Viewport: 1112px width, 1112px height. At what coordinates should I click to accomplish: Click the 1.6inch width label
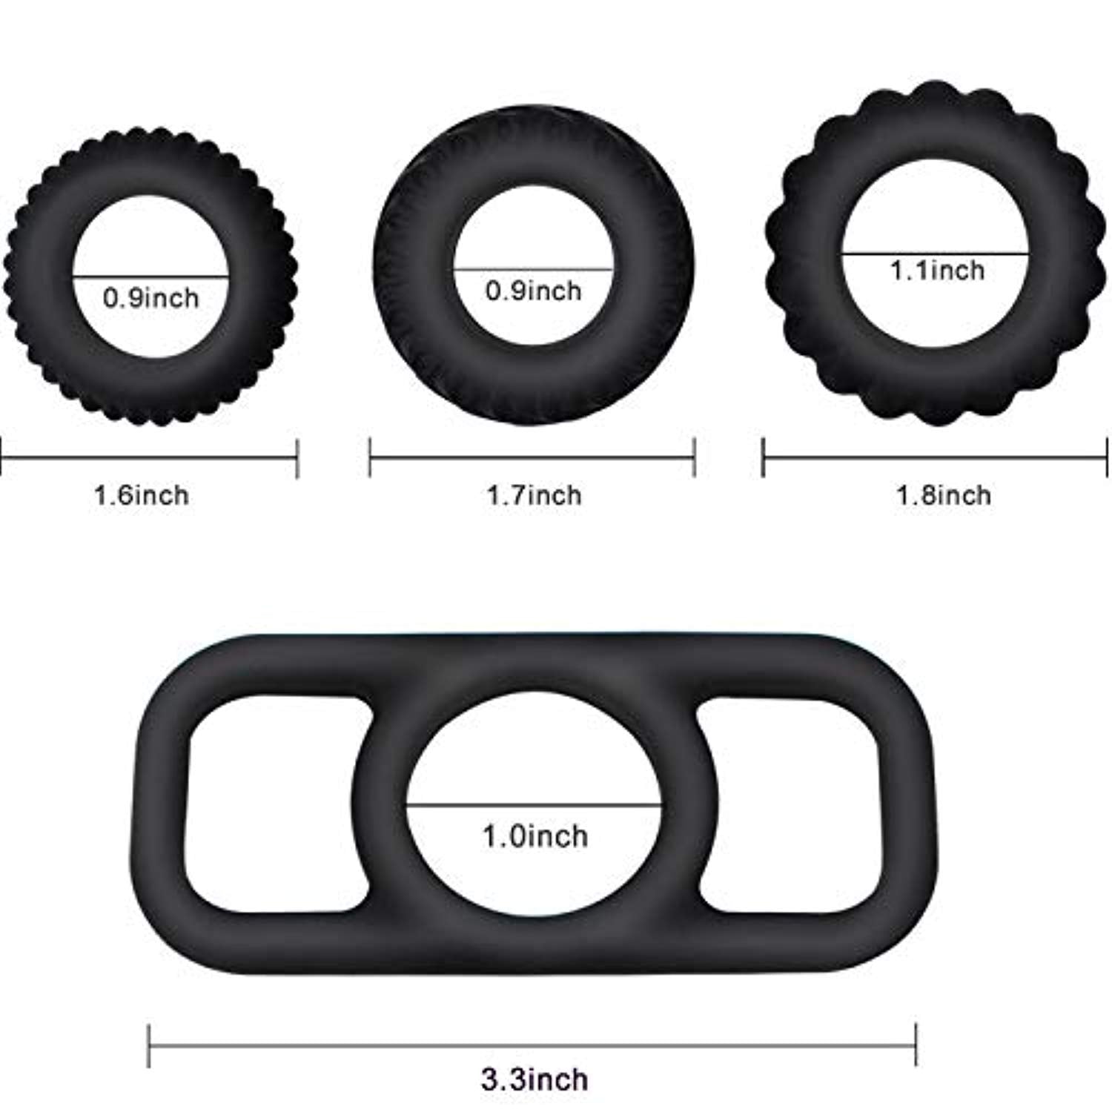click(x=141, y=495)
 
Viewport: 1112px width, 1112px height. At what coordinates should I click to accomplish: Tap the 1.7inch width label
click(x=534, y=495)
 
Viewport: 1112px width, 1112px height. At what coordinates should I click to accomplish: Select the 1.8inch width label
click(x=943, y=495)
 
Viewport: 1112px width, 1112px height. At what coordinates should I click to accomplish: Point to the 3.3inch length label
click(x=534, y=1079)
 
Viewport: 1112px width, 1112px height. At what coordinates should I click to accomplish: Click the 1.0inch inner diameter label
click(x=535, y=836)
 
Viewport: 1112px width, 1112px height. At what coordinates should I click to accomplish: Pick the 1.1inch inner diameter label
click(x=937, y=270)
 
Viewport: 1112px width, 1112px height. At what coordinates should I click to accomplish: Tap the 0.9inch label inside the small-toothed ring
click(x=150, y=298)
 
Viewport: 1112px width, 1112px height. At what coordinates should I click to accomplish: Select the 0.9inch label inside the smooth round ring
click(x=533, y=291)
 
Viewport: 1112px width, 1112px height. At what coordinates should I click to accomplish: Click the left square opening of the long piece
click(x=274, y=804)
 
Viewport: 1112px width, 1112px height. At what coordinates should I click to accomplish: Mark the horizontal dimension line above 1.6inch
click(x=148, y=458)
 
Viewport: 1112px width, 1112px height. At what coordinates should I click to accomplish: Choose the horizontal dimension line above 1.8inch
click(x=936, y=457)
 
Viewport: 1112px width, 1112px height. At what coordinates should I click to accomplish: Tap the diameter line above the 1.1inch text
click(x=936, y=254)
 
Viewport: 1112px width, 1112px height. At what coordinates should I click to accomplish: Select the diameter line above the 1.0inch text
click(x=534, y=804)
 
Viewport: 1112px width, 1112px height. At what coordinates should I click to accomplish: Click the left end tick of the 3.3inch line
click(x=149, y=1045)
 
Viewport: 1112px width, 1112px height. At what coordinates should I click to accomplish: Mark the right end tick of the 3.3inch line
click(x=916, y=1045)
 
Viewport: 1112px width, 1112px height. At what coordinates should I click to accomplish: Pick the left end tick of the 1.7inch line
click(x=370, y=457)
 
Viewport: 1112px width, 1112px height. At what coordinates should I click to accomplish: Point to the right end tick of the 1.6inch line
click(x=297, y=458)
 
